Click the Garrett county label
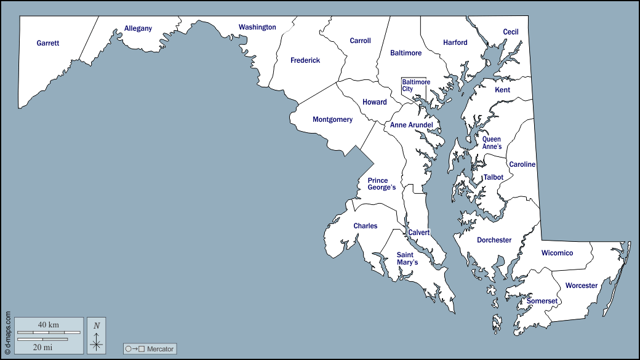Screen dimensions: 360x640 point(47,43)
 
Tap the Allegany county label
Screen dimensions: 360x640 point(138,28)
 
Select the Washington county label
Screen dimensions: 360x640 point(257,27)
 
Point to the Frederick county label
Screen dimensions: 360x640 point(305,60)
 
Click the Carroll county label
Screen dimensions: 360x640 point(360,41)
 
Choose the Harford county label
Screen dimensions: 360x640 point(455,42)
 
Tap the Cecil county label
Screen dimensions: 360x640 point(510,32)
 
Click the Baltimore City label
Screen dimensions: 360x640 point(415,86)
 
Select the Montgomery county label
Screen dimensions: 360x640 point(332,119)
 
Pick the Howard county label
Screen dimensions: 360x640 point(374,102)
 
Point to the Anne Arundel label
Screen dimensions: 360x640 point(411,125)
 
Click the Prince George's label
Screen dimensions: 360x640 point(382,184)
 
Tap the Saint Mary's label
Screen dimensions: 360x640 point(407,258)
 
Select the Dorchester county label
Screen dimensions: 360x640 point(494,240)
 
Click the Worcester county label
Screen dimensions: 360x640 point(581,286)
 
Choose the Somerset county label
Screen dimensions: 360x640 point(542,301)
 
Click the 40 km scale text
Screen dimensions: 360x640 point(48,324)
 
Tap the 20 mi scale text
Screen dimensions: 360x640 point(42,347)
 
